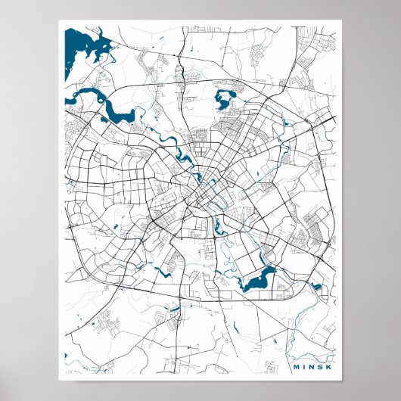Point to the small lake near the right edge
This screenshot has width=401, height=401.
(316, 288)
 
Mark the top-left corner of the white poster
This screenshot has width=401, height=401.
(59, 21)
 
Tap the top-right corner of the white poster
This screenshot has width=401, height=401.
(342, 21)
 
